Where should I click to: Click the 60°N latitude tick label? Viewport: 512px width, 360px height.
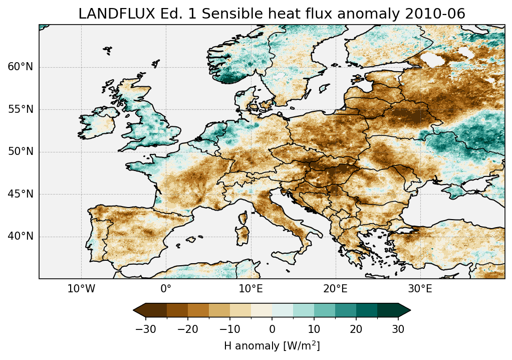click(21, 67)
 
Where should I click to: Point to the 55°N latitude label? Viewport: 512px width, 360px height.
click(21, 109)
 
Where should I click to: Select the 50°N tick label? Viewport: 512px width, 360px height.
click(21, 152)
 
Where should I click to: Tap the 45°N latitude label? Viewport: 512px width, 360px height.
click(21, 194)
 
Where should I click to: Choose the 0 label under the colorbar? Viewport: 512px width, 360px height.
click(272, 329)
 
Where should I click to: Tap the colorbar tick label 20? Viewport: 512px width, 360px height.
click(356, 329)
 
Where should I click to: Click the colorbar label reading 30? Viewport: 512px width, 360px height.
click(398, 329)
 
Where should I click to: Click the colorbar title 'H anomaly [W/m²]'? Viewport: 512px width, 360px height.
click(272, 346)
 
